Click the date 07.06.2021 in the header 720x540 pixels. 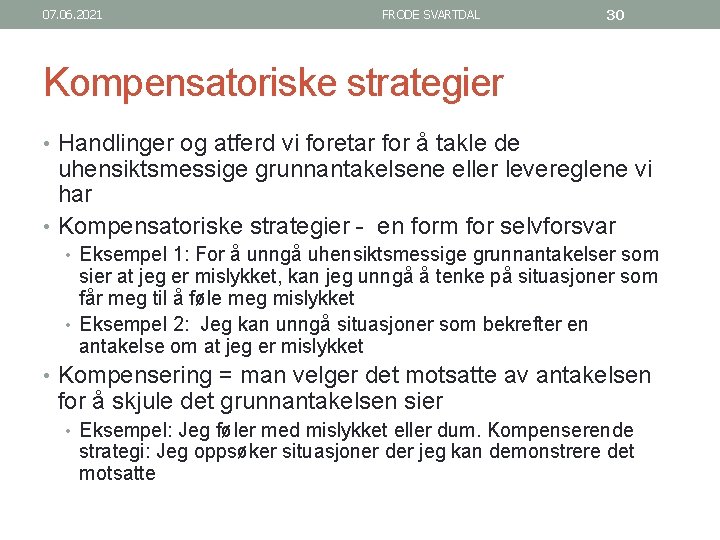click(73, 15)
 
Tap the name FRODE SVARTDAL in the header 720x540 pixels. click(430, 15)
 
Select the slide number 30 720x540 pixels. click(615, 15)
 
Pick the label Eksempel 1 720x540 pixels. click(124, 254)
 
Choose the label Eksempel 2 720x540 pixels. click(124, 324)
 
